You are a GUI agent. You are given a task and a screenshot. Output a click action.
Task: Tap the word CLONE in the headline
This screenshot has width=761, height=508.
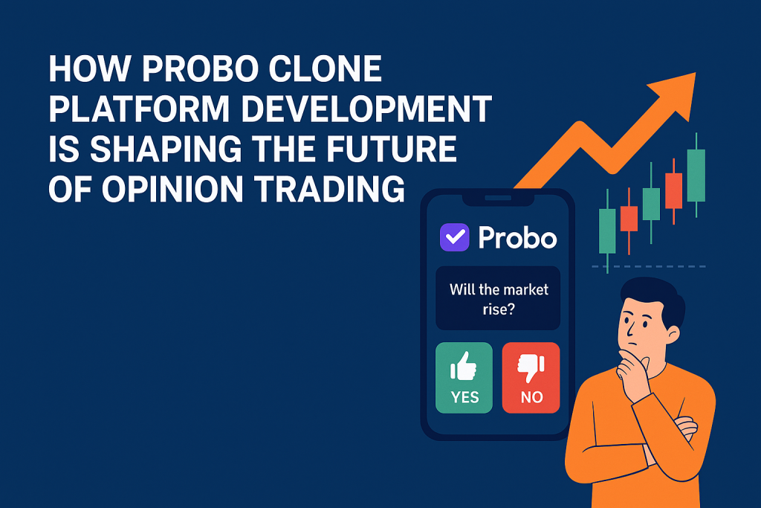(326, 68)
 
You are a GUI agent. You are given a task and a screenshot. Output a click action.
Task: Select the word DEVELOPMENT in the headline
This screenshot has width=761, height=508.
(366, 109)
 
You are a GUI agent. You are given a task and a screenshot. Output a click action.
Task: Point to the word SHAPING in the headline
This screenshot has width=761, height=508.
(166, 149)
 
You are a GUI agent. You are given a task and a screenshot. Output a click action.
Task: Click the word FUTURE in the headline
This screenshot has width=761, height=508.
(391, 149)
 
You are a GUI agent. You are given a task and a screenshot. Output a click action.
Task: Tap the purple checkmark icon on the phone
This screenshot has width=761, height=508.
(454, 237)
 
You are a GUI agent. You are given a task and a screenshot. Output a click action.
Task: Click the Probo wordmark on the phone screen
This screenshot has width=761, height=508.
(517, 237)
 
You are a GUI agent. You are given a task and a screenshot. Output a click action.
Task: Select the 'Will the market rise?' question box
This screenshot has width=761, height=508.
(498, 298)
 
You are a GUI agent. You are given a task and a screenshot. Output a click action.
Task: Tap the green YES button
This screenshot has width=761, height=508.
(464, 378)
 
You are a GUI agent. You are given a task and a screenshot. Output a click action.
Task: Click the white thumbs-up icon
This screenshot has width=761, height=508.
(464, 366)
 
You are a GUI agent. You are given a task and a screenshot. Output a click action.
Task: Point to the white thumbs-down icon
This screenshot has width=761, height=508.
(531, 367)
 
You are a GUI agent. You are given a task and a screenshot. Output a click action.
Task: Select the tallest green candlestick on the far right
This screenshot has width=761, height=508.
(696, 175)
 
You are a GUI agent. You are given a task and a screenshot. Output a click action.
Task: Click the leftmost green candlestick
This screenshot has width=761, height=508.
(607, 231)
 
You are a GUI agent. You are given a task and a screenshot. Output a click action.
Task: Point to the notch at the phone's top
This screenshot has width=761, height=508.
(498, 198)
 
